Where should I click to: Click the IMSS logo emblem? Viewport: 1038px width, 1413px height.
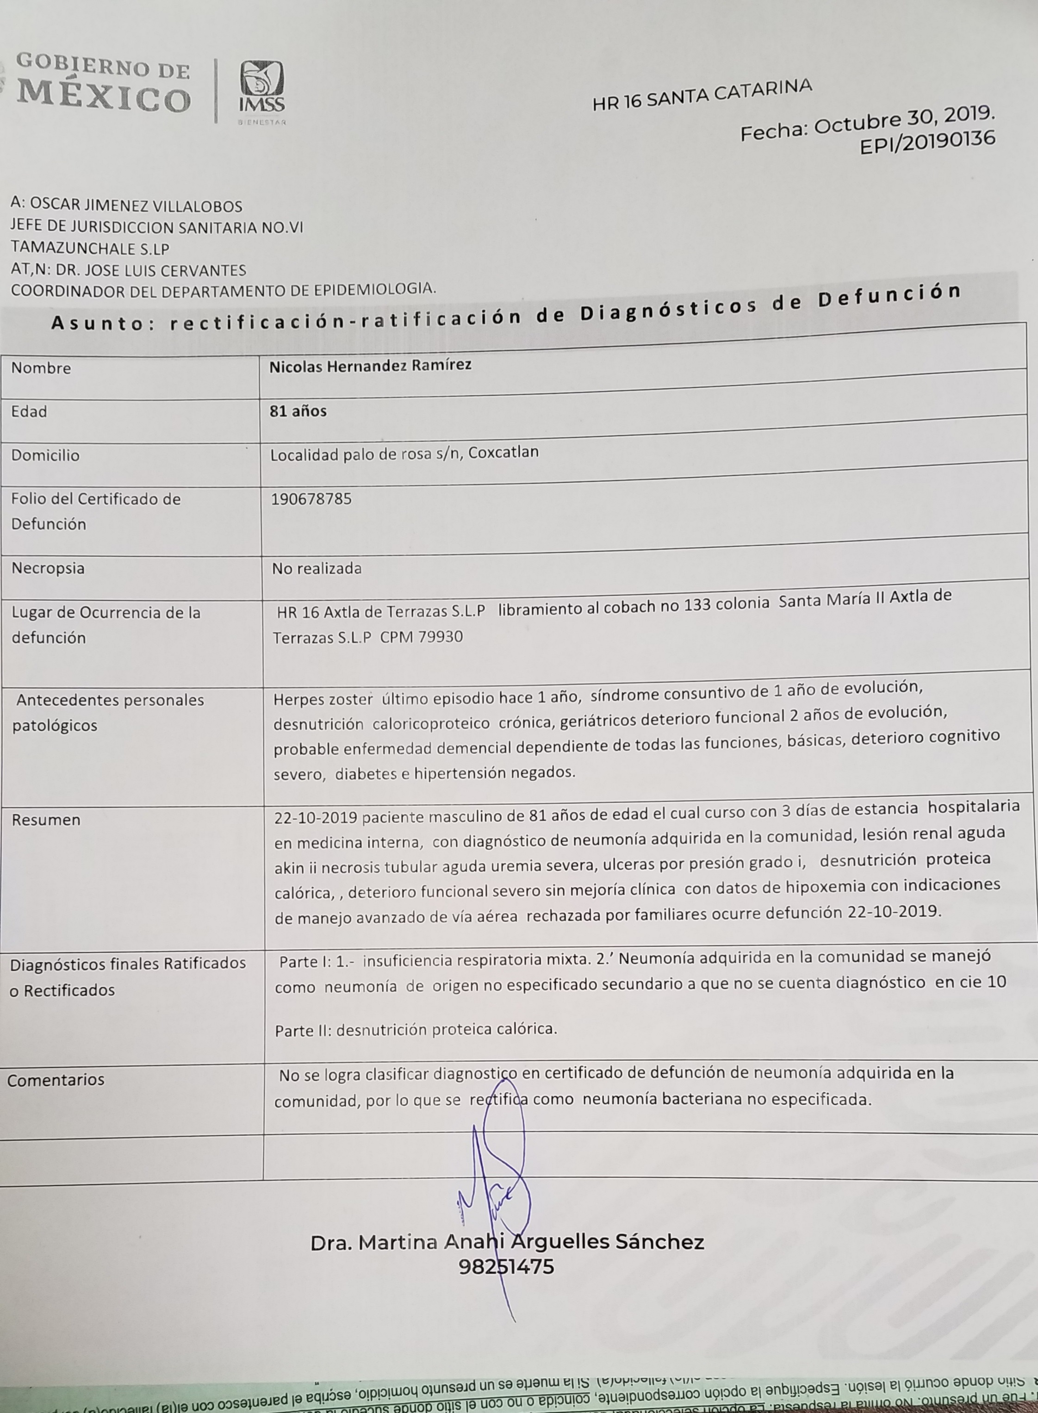pos(261,87)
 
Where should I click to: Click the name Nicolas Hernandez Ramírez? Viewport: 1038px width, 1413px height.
pos(370,365)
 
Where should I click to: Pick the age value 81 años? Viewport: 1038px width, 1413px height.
pos(298,411)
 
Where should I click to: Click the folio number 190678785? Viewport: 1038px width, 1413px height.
pos(311,499)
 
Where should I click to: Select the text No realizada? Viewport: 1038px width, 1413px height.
pos(317,569)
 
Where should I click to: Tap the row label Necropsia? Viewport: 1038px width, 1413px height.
pos(48,568)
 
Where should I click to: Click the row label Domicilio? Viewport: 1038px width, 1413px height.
pos(45,455)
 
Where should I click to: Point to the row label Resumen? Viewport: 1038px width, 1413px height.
pos(46,820)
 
